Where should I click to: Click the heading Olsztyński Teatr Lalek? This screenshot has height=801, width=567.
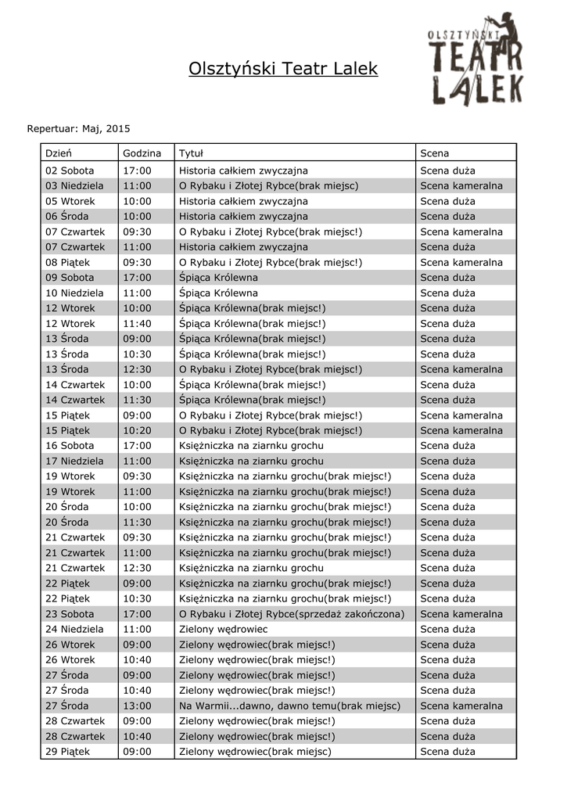[x=283, y=70]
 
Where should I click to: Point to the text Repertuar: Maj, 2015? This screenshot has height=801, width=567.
[x=79, y=128]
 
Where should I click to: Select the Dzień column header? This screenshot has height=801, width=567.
[x=59, y=153]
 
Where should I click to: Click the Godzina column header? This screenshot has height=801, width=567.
[x=142, y=153]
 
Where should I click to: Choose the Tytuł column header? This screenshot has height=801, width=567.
[x=191, y=153]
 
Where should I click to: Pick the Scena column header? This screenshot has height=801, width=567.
[x=435, y=153]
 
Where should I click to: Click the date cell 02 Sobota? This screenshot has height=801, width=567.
[x=70, y=171]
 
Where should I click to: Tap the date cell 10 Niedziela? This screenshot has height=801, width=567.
[x=74, y=293]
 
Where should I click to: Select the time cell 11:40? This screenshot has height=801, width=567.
[x=137, y=323]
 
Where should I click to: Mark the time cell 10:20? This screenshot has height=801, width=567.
[x=137, y=430]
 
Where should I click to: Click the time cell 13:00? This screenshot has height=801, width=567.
[x=137, y=706]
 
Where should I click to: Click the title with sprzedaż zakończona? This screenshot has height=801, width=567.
[x=292, y=614]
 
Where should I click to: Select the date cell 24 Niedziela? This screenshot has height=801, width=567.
[x=74, y=629]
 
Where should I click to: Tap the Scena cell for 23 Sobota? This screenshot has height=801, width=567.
[x=461, y=614]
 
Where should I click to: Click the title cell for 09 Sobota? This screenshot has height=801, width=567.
[x=218, y=278]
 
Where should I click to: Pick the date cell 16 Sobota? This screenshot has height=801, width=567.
[x=70, y=446]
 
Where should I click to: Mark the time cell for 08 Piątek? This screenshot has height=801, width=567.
[x=137, y=262]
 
